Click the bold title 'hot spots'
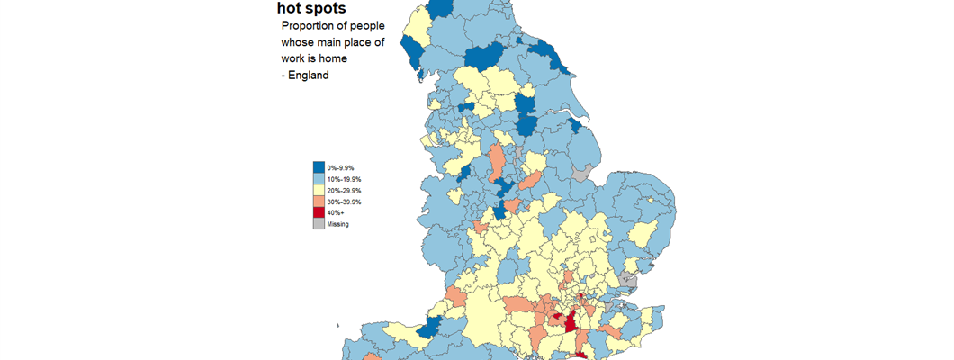311,8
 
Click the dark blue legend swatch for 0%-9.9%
319,167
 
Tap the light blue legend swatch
319,179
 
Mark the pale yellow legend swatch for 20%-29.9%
319,191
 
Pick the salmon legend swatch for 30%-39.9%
319,202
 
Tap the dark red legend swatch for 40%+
319,212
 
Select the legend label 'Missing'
338,224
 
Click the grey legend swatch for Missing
319,223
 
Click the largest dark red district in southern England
570,320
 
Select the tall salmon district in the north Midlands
496,162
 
